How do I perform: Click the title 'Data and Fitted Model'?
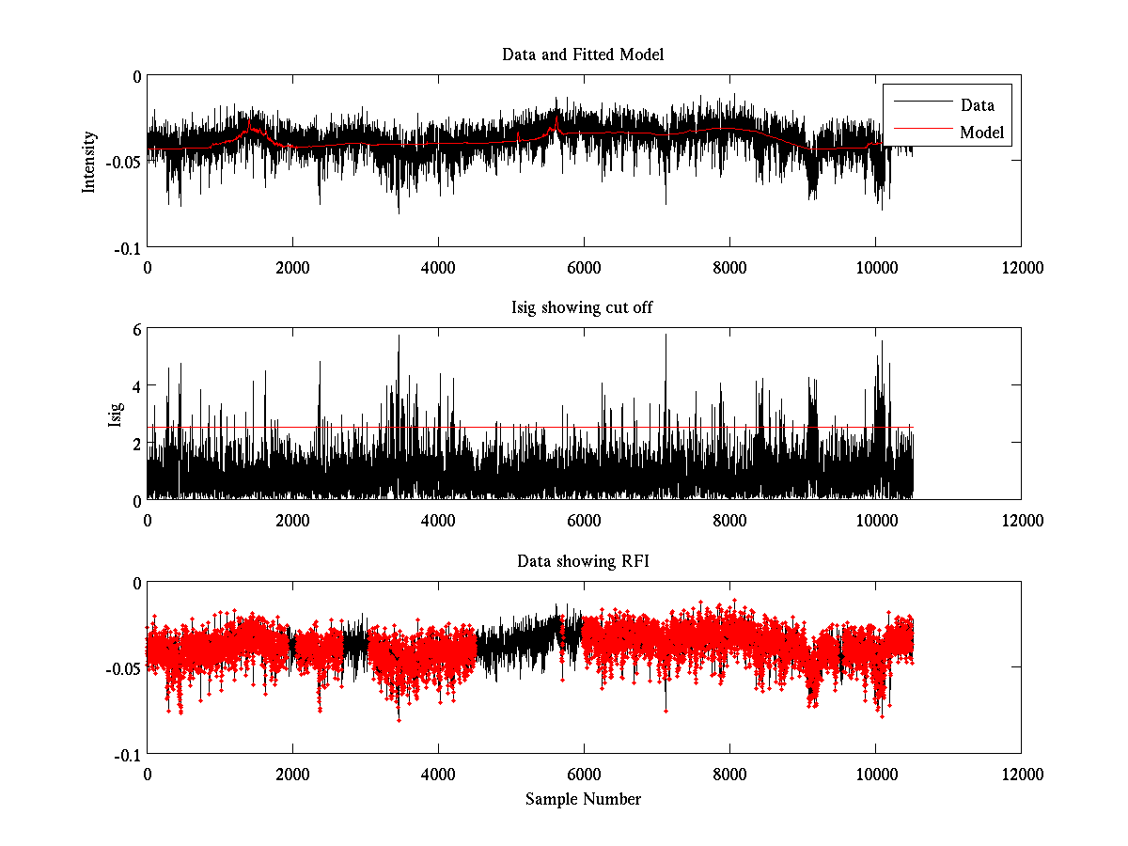tap(583, 55)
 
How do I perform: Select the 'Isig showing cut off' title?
tap(583, 308)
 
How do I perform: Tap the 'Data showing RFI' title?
tap(583, 561)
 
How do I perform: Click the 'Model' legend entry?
tap(981, 133)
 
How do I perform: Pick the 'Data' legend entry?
tap(977, 105)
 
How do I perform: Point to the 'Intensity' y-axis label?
tap(89, 161)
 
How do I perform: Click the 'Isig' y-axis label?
tap(116, 415)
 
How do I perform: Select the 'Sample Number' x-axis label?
tap(583, 799)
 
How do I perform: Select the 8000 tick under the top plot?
tap(729, 267)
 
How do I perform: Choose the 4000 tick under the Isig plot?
tap(438, 520)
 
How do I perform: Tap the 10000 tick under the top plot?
tap(875, 267)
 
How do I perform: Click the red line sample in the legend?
tap(919, 133)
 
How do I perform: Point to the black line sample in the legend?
tap(919, 105)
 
